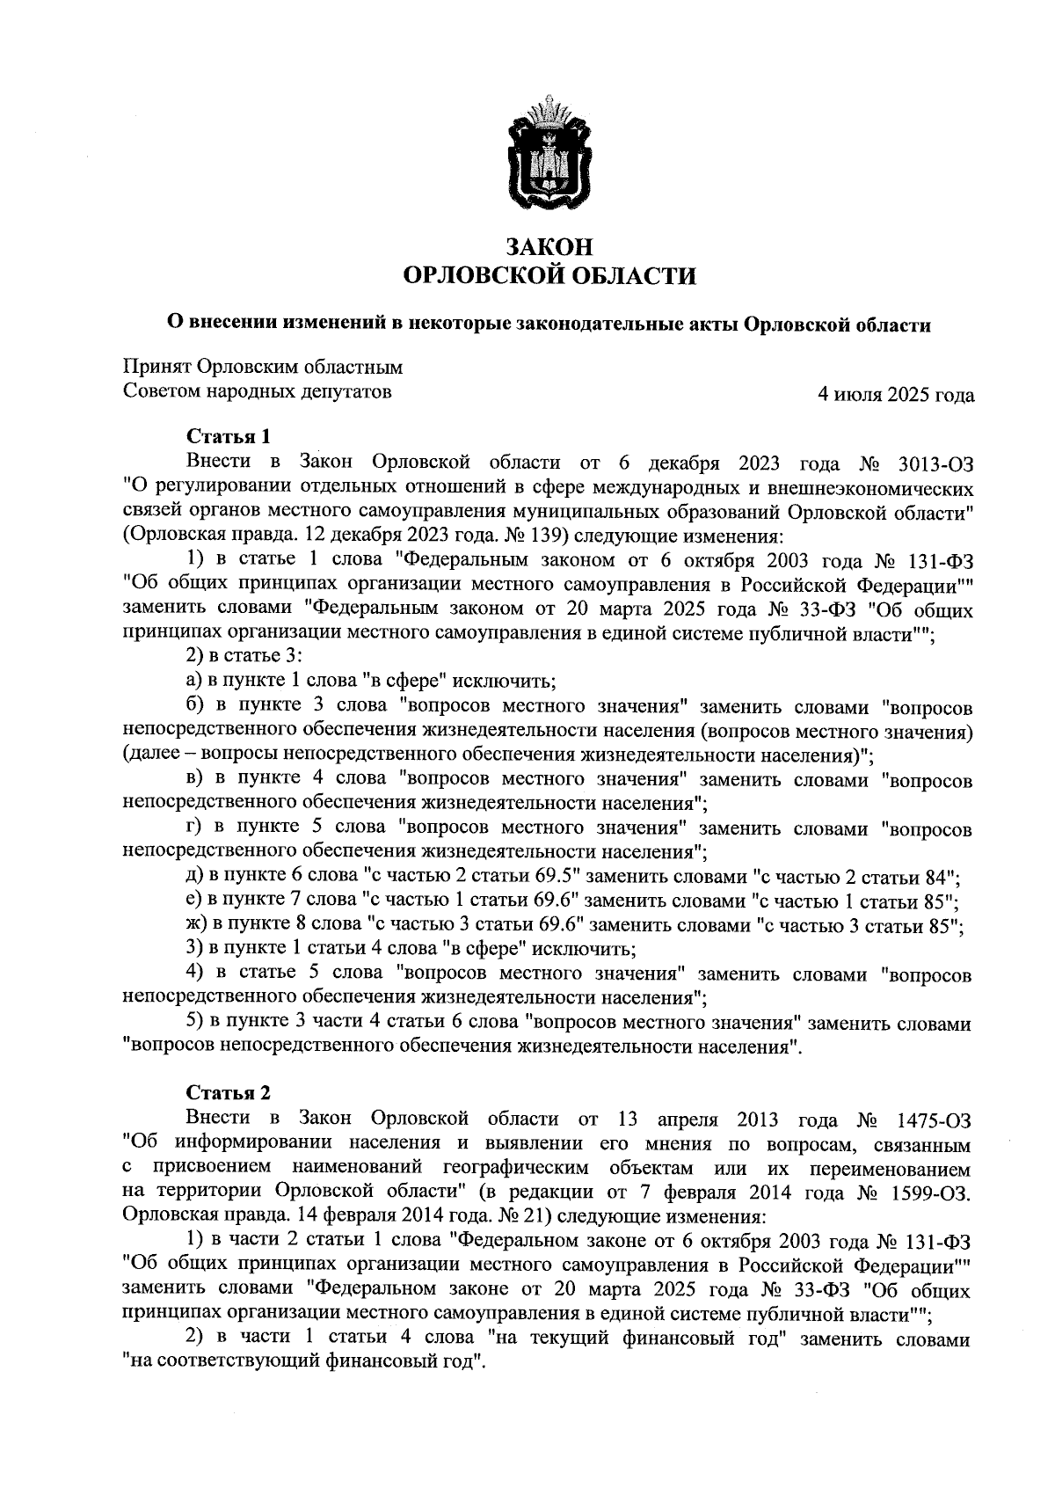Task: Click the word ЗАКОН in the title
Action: tap(549, 247)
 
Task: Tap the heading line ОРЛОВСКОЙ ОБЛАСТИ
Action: tap(549, 277)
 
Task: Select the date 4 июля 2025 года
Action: tap(896, 395)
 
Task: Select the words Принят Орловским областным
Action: tap(263, 367)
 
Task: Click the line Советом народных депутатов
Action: tap(257, 391)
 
